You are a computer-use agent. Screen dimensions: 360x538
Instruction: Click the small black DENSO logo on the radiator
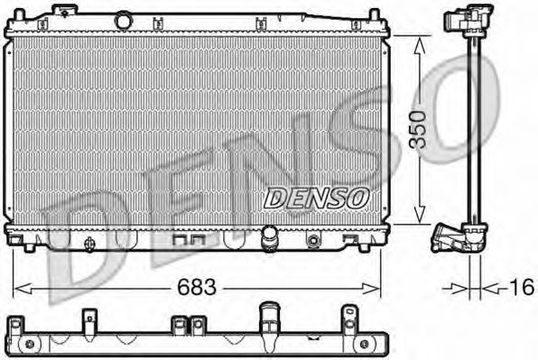click(316, 195)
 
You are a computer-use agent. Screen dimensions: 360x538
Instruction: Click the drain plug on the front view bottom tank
click(313, 241)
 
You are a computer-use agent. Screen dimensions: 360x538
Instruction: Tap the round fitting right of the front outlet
click(313, 241)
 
